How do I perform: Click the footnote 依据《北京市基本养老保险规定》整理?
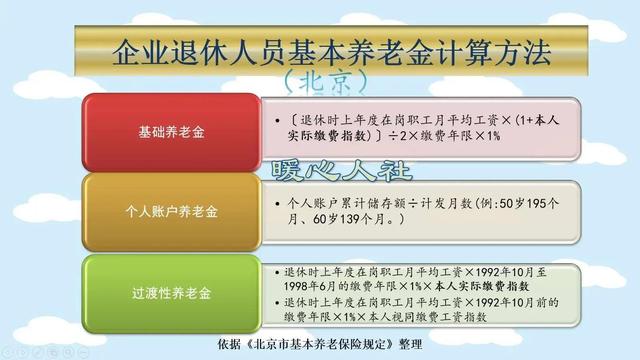click(x=320, y=343)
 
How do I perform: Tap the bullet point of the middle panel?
click(x=277, y=201)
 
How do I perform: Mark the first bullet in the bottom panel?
click(x=275, y=271)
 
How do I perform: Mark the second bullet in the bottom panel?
click(x=275, y=301)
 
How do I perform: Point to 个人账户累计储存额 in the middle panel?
click(x=340, y=201)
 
